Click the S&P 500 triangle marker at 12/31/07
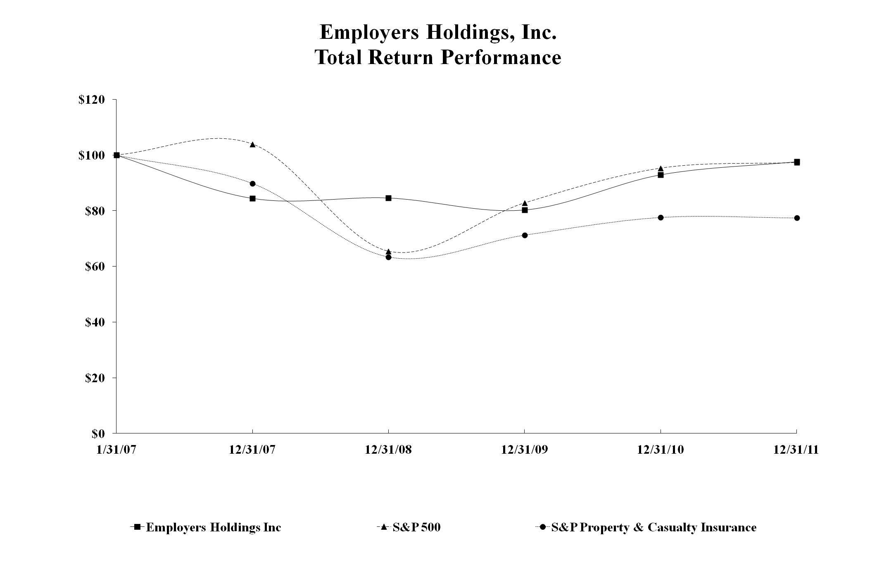point(252,144)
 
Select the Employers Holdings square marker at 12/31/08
point(388,198)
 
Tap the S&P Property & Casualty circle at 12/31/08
point(388,257)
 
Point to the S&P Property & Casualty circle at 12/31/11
point(797,218)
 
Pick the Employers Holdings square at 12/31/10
point(661,175)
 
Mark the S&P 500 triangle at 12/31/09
point(525,203)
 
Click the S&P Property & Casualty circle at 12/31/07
point(252,183)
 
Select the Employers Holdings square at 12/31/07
point(252,198)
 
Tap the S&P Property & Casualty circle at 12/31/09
point(525,235)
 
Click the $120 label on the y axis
point(91,100)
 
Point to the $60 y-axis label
point(95,267)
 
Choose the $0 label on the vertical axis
point(98,433)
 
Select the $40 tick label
point(95,322)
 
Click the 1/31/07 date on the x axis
point(116,450)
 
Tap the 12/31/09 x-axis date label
point(524,450)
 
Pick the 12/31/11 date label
point(796,450)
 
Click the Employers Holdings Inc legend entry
point(213,528)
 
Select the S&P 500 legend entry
point(416,528)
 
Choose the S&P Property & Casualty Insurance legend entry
point(653,528)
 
